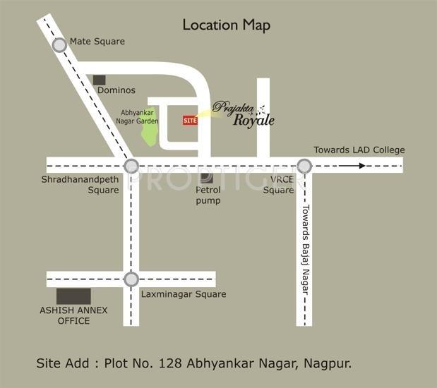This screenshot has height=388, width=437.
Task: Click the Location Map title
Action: coord(226,25)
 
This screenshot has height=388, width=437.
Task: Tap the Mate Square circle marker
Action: coord(60,45)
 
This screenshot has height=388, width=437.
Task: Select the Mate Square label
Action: coord(97,42)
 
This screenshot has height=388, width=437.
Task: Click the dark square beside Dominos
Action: coord(100,79)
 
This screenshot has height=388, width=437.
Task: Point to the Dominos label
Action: coord(116,91)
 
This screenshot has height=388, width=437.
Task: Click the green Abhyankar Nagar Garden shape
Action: coord(150,127)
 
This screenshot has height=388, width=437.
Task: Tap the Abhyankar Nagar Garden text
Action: coord(139,116)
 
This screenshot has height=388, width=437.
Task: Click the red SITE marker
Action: coord(190,120)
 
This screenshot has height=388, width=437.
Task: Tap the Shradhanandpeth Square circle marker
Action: coord(131,166)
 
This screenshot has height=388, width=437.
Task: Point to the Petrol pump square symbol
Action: coord(205,177)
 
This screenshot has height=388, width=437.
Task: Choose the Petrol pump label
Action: coord(208,195)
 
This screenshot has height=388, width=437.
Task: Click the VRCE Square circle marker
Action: coord(304,166)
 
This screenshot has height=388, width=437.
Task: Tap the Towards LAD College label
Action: coord(359,150)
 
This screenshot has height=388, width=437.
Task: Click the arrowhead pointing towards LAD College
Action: coord(361,166)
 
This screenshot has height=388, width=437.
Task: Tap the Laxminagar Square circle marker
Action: coord(131,279)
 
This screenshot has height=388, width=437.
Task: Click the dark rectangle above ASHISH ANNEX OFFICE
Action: coord(73,296)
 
